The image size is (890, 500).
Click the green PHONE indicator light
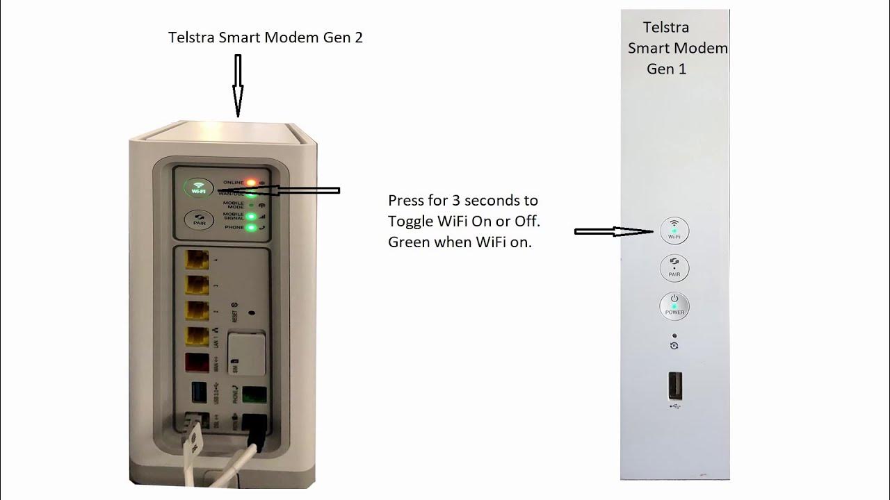(x=251, y=227)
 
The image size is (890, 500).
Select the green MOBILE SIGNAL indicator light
(x=251, y=217)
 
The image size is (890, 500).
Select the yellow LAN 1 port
(x=197, y=337)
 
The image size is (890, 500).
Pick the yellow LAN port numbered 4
(x=197, y=261)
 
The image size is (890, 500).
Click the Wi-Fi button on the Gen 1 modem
(x=674, y=231)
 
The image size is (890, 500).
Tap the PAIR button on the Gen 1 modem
(x=674, y=268)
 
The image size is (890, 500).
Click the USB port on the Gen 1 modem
(x=674, y=386)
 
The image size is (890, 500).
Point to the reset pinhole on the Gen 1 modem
(x=674, y=336)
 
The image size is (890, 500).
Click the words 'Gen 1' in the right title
(x=665, y=69)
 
